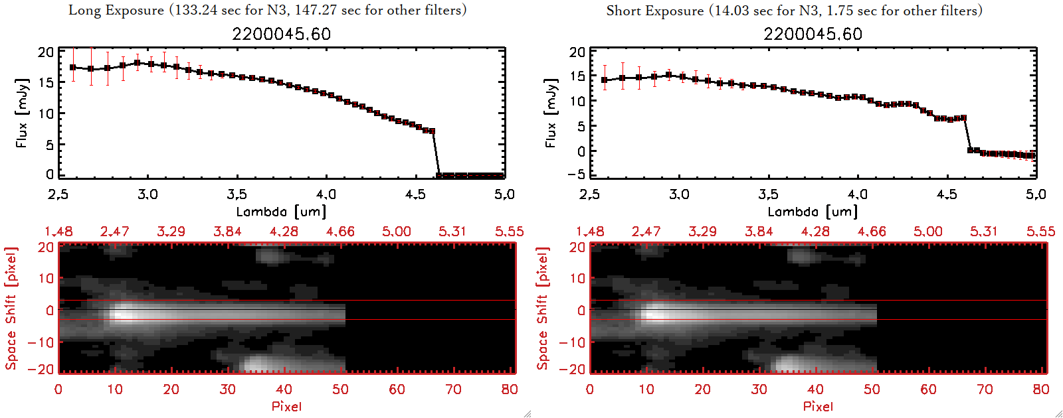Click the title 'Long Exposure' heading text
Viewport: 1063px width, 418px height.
click(116, 10)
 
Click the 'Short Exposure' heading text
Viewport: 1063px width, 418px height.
click(655, 11)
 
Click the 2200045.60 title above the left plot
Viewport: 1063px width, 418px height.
click(281, 34)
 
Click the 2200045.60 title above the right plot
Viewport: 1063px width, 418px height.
click(813, 34)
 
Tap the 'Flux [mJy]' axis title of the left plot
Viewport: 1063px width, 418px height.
click(22, 113)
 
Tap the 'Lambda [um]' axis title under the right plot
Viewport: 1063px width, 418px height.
click(813, 212)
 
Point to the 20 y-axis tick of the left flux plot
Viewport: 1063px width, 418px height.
click(46, 52)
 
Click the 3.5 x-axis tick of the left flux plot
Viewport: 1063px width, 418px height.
click(237, 194)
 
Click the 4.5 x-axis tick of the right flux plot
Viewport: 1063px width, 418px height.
click(947, 194)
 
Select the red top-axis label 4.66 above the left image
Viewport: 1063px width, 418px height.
click(340, 232)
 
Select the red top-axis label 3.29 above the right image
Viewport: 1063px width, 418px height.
click(702, 232)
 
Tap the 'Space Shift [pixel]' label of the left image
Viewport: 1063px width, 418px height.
click(11, 309)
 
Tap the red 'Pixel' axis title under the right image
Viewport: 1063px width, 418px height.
click(818, 406)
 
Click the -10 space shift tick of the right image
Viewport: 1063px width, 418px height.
click(572, 342)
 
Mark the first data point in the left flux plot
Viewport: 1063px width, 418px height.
click(73, 68)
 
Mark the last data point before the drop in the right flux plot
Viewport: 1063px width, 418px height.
click(963, 118)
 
